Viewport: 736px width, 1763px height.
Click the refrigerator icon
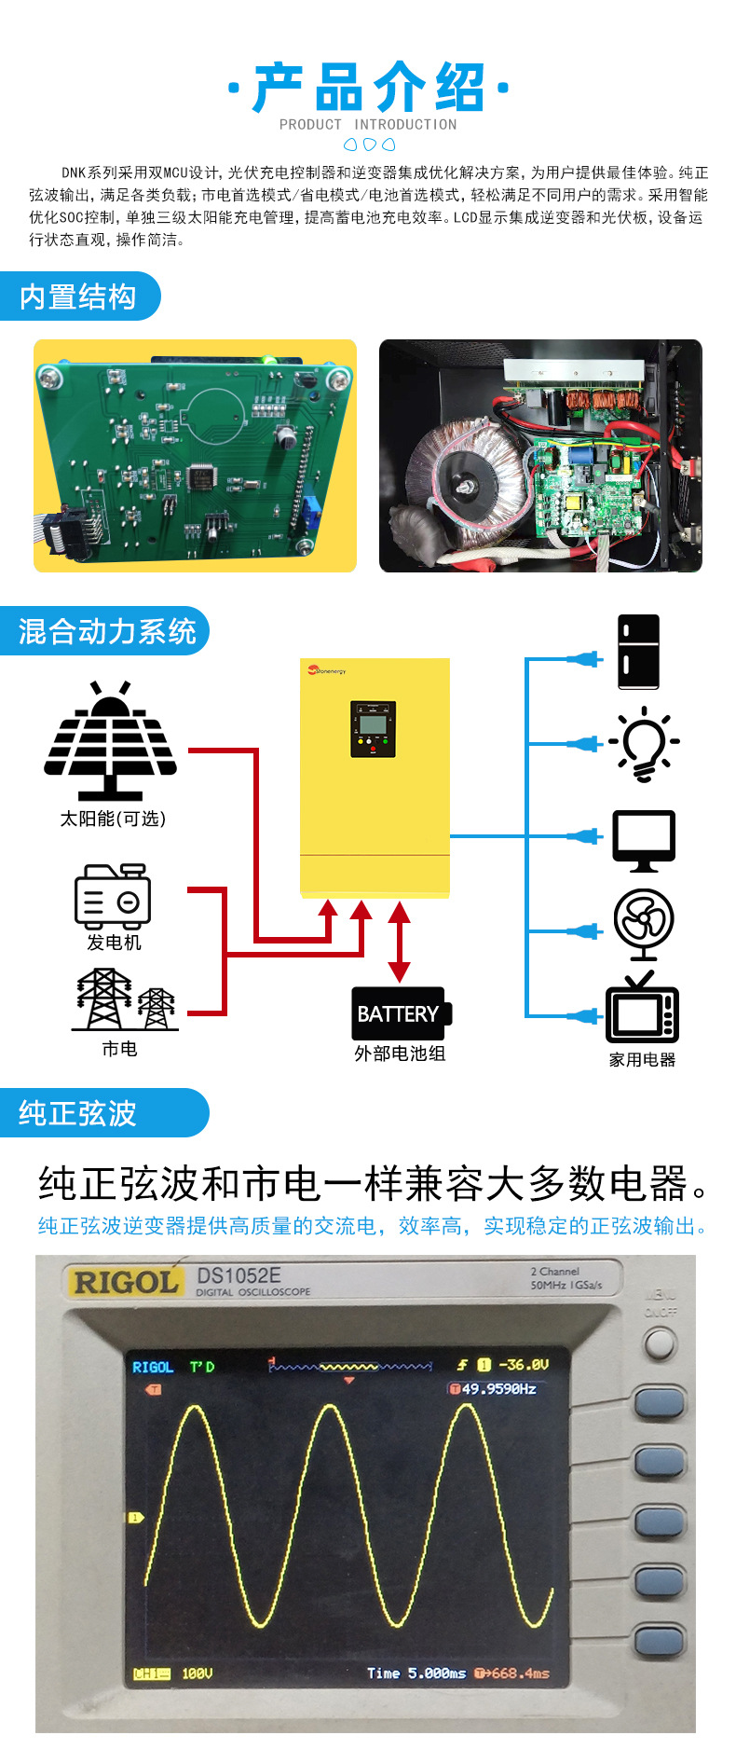coord(638,652)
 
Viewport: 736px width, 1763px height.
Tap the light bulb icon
coord(644,745)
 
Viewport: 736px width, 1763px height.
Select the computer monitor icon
coord(644,840)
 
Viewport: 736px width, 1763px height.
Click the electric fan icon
coord(644,924)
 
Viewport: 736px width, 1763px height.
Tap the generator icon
coord(113,896)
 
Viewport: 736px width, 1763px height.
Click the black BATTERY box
coord(400,1013)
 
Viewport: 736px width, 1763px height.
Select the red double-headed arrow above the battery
coord(399,942)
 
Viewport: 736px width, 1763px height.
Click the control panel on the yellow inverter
coord(373,729)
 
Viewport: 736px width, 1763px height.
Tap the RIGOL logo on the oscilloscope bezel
coord(125,1282)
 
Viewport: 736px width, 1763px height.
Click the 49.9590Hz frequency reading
coord(494,1389)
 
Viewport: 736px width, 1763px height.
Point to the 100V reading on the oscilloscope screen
coord(197,1673)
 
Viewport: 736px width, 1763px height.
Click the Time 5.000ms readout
coord(416,1673)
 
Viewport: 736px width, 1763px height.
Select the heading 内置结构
coord(78,297)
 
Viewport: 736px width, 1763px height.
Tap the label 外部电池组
coord(400,1054)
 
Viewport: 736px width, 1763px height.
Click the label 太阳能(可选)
coord(113,819)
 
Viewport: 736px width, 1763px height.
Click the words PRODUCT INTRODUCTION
coord(368,124)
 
